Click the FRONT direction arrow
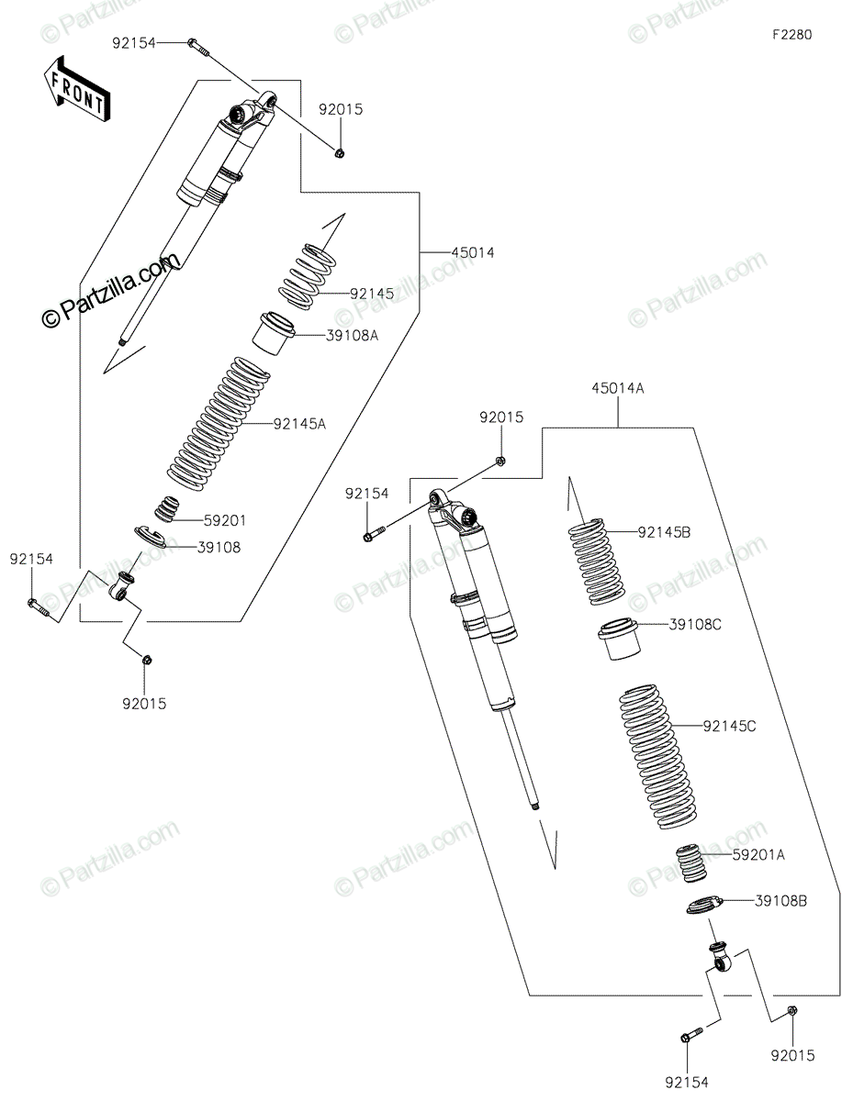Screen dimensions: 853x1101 click(x=76, y=88)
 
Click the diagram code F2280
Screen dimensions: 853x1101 click(x=791, y=35)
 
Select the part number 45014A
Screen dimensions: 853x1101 click(x=618, y=389)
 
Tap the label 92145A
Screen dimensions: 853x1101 click(x=299, y=424)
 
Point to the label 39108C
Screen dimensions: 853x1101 click(x=695, y=625)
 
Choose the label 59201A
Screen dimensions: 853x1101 click(x=758, y=855)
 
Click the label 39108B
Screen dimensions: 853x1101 click(x=781, y=901)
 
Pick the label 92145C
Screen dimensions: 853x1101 click(x=729, y=726)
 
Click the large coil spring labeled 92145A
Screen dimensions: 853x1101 click(x=219, y=424)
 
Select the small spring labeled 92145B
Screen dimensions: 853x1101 click(x=596, y=562)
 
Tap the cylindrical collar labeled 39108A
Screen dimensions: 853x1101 click(x=274, y=333)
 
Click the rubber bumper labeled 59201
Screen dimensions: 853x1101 click(x=167, y=508)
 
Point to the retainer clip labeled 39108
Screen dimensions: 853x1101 click(x=150, y=537)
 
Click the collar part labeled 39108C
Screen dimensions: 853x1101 click(x=620, y=639)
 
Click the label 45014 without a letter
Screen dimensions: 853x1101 click(x=473, y=251)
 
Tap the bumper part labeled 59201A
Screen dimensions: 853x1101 click(x=693, y=863)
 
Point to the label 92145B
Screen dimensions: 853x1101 click(x=664, y=532)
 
